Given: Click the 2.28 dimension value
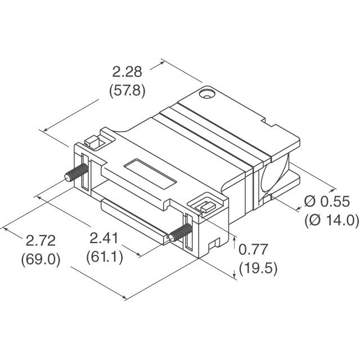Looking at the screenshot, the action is tap(127, 71).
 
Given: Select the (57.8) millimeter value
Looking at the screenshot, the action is tap(127, 91).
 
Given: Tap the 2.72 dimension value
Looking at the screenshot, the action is tap(40, 240).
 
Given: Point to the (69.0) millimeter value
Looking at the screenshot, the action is tap(40, 260).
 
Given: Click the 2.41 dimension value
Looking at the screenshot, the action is tap(103, 238).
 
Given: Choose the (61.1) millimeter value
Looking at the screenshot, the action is tap(105, 257).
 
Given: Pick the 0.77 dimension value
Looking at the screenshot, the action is tap(253, 249).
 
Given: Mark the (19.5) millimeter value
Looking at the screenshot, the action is tap(258, 268).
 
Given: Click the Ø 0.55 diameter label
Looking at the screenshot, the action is tap(327, 201).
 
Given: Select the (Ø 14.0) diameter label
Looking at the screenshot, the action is tap(332, 220).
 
